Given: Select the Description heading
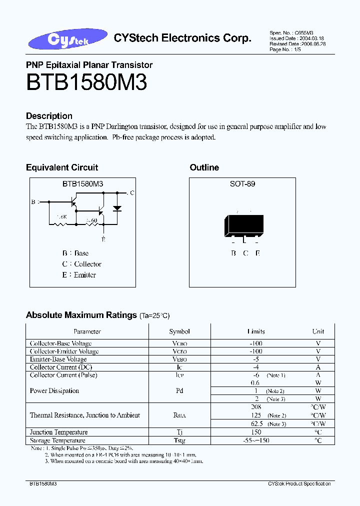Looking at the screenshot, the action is coord(49,116).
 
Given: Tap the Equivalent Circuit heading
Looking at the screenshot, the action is coord(62,167).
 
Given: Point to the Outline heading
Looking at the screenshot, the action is coord(204,167).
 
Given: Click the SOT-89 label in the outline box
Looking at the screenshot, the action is coord(242,184).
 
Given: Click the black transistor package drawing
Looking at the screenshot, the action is coord(244,226).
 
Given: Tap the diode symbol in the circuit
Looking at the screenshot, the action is coord(117,207).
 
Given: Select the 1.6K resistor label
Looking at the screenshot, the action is coord(62,216).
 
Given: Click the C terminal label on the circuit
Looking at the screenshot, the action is coord(132,192).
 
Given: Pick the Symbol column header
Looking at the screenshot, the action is coord(179,331).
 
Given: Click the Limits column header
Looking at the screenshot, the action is coord(256,331).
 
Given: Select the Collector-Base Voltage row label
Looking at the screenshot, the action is coord(60,343).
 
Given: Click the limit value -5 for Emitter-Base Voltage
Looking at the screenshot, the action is coord(256,359).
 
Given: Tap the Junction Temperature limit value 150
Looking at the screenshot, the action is coord(256,432).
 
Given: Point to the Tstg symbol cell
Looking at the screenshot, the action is coord(179,440).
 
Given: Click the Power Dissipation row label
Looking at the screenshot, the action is coord(54,391).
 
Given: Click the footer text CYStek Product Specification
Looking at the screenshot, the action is coord(299,484).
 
